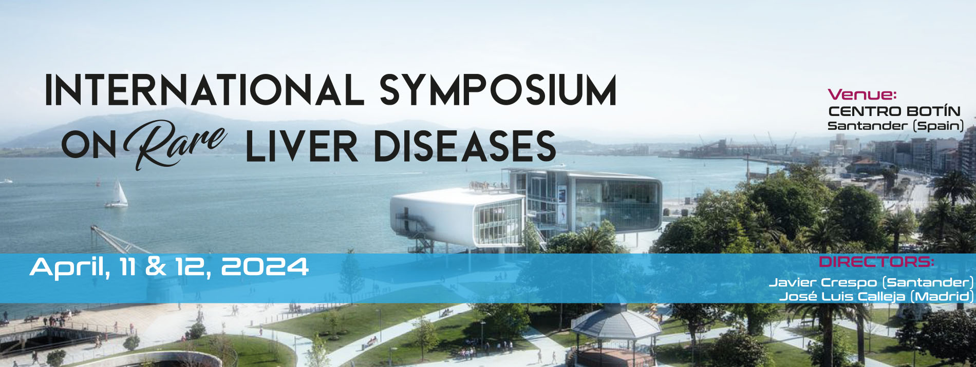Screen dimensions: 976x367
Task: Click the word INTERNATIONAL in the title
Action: coord(205,90)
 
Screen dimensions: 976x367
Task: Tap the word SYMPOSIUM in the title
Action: coord(498,90)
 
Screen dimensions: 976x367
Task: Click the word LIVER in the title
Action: coord(302,146)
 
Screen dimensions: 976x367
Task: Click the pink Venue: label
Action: coord(862,94)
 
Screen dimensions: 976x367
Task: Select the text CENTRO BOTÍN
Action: coord(894,111)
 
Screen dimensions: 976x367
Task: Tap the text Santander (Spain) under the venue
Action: coord(895,126)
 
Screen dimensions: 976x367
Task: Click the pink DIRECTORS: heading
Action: coord(876,262)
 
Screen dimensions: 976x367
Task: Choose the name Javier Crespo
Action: coord(823,282)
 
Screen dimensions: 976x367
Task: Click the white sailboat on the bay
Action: coord(118,195)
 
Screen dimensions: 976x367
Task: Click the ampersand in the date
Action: coord(156,267)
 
